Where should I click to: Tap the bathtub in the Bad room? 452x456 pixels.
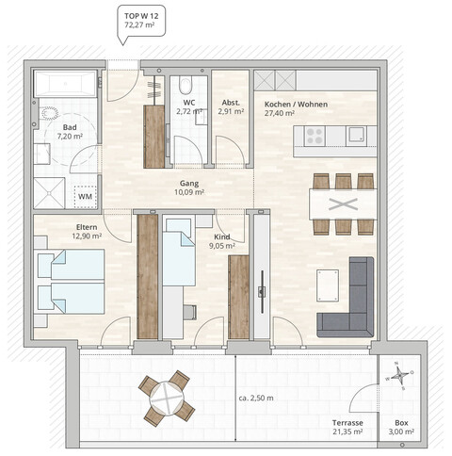click(x=65, y=85)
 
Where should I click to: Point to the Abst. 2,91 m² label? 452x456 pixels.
click(x=231, y=106)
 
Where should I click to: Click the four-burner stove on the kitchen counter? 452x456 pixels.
click(x=313, y=138)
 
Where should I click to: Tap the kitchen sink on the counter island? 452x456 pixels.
click(x=357, y=135)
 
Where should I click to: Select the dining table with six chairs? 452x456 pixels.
click(x=343, y=203)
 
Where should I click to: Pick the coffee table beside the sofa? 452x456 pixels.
click(x=328, y=284)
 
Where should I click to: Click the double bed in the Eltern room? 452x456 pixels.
click(x=71, y=281)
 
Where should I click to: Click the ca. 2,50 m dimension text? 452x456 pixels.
click(x=256, y=399)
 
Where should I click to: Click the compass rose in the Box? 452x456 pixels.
click(x=400, y=374)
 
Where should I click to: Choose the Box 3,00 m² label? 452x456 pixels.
click(x=402, y=427)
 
